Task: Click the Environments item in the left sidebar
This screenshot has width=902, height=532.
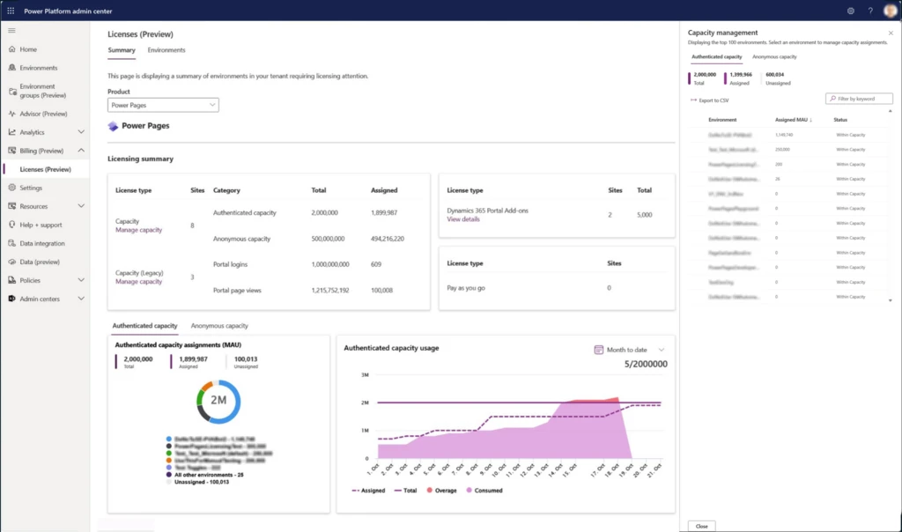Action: point(38,68)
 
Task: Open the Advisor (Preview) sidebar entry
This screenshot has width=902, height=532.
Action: point(43,114)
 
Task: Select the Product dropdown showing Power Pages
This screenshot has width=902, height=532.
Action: point(163,105)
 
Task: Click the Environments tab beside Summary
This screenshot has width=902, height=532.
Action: point(166,50)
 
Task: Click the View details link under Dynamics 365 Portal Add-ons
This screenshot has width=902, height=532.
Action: point(463,219)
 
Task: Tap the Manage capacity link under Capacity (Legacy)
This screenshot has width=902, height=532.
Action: point(138,282)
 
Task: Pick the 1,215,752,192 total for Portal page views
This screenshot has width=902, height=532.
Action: point(330,290)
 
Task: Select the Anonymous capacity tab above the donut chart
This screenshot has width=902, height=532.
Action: point(219,326)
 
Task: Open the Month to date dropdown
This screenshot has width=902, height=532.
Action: point(631,350)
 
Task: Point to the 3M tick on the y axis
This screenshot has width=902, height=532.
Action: point(364,375)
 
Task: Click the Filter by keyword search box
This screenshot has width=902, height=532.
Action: point(859,99)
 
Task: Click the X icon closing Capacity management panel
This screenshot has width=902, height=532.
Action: point(890,33)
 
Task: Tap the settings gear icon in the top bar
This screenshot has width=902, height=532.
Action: point(851,11)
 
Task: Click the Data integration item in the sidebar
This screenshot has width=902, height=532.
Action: point(41,243)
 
